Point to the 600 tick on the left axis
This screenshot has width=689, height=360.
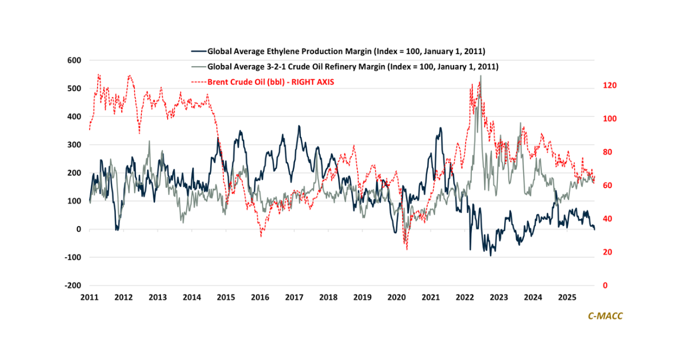tap(74, 60)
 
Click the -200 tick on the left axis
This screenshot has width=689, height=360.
tap(72, 285)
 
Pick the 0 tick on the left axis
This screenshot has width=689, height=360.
tap(79, 229)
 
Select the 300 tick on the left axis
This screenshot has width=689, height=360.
tap(74, 145)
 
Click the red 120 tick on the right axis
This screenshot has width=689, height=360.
tap(610, 86)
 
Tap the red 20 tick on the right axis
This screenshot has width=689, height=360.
tap(608, 252)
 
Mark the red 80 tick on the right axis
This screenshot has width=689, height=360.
tap(608, 152)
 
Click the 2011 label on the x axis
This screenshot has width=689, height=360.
tap(90, 297)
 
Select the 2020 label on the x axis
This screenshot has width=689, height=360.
tap(397, 297)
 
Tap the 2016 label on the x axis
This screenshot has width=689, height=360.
tap(260, 297)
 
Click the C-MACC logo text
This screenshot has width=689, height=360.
tap(605, 316)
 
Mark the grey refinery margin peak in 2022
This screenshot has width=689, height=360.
tap(480, 76)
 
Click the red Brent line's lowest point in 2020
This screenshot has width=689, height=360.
tap(407, 249)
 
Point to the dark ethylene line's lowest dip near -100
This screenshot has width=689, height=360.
tap(490, 255)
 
